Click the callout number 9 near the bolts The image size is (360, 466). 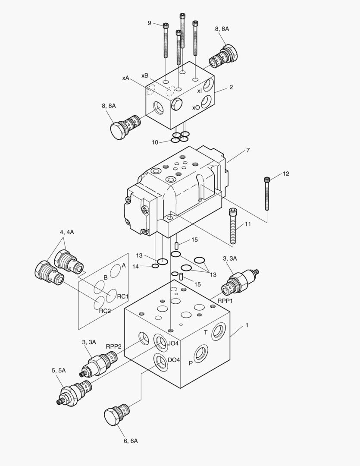pyautogui.click(x=150, y=23)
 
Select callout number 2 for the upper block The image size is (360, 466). pyautogui.click(x=231, y=87)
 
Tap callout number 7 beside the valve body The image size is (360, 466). pyautogui.click(x=248, y=150)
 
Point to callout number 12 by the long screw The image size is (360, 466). pyautogui.click(x=286, y=174)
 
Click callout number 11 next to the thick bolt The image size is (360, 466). pyautogui.click(x=247, y=224)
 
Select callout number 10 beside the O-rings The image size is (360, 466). pyautogui.click(x=155, y=142)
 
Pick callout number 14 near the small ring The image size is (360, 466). pyautogui.click(x=136, y=267)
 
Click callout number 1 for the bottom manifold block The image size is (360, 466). pyautogui.click(x=247, y=325)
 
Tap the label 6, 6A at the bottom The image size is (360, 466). pyautogui.click(x=130, y=441)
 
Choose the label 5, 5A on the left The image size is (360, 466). pyautogui.click(x=59, y=370)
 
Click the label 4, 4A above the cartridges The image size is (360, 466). pyautogui.click(x=67, y=232)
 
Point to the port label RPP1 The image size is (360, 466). pyautogui.click(x=225, y=301)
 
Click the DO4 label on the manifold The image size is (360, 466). pyautogui.click(x=174, y=360)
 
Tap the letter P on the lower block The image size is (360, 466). pyautogui.click(x=191, y=363)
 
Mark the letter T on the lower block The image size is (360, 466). pyautogui.click(x=206, y=332)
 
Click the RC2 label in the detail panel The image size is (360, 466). pyautogui.click(x=105, y=311)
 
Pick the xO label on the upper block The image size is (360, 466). pyautogui.click(x=196, y=107)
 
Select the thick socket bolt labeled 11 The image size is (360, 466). pyautogui.click(x=234, y=225)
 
